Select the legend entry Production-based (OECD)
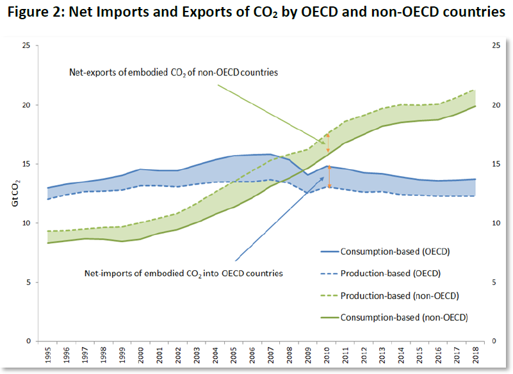pyautogui.click(x=390, y=273)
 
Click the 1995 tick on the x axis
pyautogui.click(x=49, y=354)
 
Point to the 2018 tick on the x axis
pyautogui.click(x=475, y=354)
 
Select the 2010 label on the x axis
pyautogui.click(x=327, y=354)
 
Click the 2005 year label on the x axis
pyautogui.click(x=234, y=354)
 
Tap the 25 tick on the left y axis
pyautogui.click(x=26, y=45)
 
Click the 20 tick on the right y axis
pyautogui.click(x=495, y=105)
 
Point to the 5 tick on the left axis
pyautogui.click(x=28, y=282)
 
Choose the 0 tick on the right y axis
pyautogui.click(x=493, y=341)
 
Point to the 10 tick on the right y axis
pyautogui.click(x=495, y=224)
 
